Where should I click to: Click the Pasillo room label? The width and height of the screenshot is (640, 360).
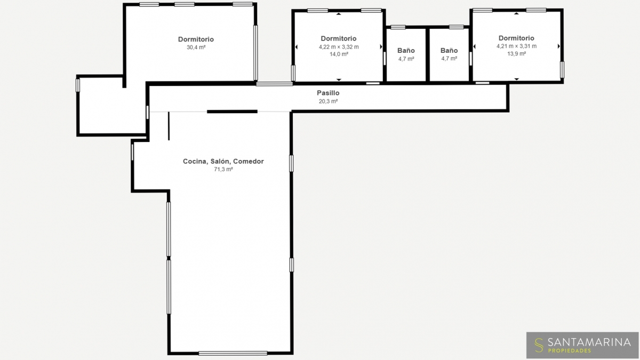tap(328, 93)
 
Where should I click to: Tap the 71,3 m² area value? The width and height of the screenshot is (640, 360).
tap(223, 170)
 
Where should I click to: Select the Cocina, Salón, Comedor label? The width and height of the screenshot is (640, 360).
tap(223, 162)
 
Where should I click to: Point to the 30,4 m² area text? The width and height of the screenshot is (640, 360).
tap(196, 47)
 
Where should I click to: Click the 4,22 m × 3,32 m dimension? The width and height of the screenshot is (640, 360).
tap(339, 47)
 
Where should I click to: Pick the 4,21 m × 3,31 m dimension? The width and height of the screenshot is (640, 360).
tap(517, 46)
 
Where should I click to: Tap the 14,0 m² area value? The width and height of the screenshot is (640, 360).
tap(339, 54)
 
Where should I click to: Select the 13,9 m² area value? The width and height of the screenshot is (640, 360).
tap(517, 54)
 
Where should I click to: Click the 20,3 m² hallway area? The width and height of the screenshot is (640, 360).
tap(329, 101)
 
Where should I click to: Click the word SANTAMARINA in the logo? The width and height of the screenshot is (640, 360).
tap(589, 342)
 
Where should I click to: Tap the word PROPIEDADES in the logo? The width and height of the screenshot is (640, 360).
tap(570, 350)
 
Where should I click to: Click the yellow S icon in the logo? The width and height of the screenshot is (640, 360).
tap(539, 346)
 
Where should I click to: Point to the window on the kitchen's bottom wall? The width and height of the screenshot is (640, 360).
tap(233, 354)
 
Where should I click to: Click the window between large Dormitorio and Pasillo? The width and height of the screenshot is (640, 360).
tap(274, 84)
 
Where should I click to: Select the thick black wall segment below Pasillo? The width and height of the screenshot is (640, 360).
tap(232, 111)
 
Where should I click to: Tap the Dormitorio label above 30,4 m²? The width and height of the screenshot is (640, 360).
tap(196, 39)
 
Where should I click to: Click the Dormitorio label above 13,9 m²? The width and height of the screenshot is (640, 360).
tap(516, 38)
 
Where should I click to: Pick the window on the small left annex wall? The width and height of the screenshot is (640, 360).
tap(78, 85)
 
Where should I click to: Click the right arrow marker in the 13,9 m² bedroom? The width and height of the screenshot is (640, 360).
tap(559, 46)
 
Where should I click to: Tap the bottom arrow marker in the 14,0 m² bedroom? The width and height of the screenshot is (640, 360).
tap(339, 79)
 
